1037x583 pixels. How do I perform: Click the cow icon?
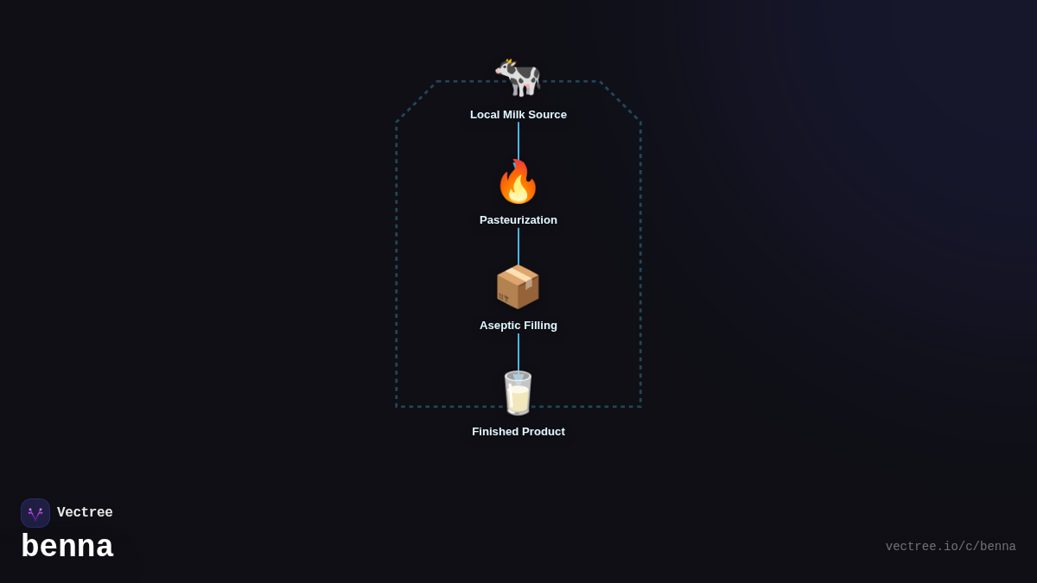tap(518, 77)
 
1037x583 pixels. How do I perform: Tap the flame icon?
tap(518, 182)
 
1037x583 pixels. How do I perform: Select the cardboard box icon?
tap(518, 287)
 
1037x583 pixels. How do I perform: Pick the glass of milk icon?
tap(518, 393)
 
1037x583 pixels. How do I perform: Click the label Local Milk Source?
tap(518, 115)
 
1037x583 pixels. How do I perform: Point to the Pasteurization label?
tap(518, 220)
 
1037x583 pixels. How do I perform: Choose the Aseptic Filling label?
tap(518, 326)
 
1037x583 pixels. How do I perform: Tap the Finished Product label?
tap(518, 432)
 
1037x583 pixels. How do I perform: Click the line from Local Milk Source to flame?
tap(518, 140)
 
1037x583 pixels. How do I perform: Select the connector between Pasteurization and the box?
tap(518, 245)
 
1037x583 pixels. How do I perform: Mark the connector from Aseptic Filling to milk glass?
tap(518, 351)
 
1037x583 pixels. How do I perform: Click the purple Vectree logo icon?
tap(35, 513)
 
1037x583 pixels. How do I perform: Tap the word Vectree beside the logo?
tap(85, 513)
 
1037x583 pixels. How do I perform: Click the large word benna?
tap(67, 547)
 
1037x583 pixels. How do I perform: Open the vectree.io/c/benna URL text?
tap(951, 547)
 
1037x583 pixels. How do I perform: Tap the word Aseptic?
tap(499, 326)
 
